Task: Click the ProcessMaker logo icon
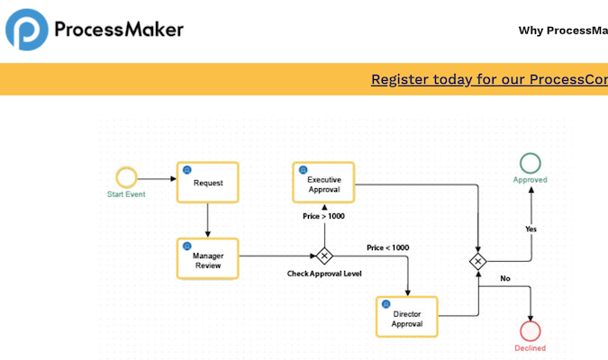[x=27, y=30]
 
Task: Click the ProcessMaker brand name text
[x=119, y=30]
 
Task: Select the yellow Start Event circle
[x=126, y=176]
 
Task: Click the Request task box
[x=208, y=183]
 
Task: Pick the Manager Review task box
[x=208, y=259]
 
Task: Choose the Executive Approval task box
[x=324, y=183]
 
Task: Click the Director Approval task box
[x=407, y=318]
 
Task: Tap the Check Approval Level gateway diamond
[x=323, y=256]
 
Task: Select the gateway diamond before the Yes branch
[x=478, y=261]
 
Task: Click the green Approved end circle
[x=531, y=163]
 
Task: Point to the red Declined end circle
[x=531, y=330]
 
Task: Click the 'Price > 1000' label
[x=322, y=216]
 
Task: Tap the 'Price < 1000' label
[x=387, y=247]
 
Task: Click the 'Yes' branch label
[x=531, y=229]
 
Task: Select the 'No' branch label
[x=504, y=278]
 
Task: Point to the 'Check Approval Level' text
[x=324, y=274]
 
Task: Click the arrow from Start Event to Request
[x=157, y=176]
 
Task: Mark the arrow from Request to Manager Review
[x=208, y=220]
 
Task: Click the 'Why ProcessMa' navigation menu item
[x=563, y=31]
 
